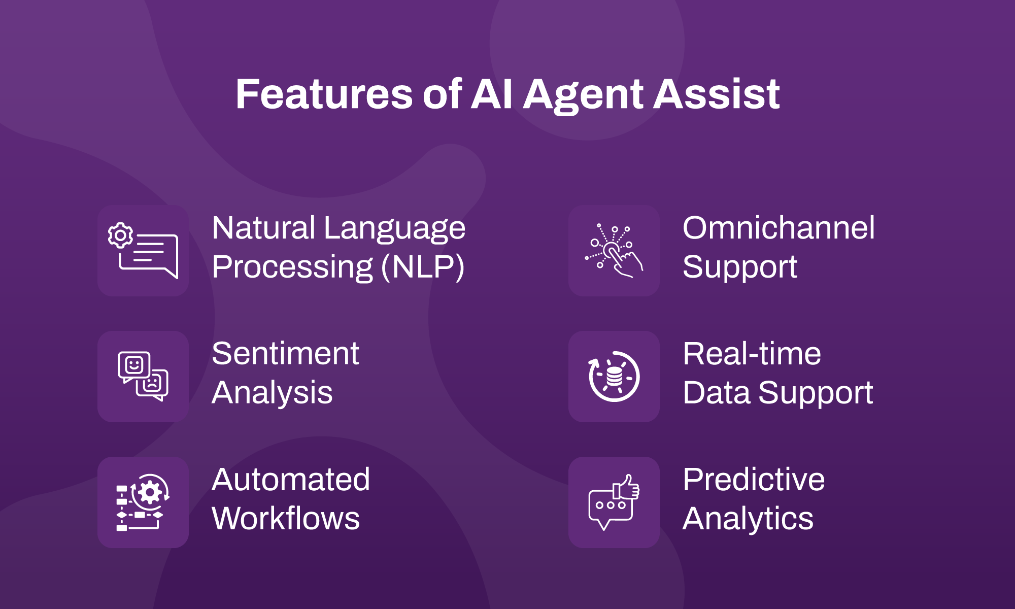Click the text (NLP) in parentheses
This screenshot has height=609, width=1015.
422,267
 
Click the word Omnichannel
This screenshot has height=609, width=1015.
779,228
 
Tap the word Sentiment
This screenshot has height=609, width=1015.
285,354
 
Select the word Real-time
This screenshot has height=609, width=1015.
752,354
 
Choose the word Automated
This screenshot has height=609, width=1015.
291,480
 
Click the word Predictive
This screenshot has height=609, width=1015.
754,480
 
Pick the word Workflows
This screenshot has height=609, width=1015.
286,519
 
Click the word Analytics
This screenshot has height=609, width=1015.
748,519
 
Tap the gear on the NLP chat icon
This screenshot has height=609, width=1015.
120,235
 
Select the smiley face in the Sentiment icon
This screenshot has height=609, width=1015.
134,365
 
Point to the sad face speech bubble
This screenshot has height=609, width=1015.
152,384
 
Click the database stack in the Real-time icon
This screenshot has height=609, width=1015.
614,377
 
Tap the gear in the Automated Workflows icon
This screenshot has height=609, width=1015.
150,492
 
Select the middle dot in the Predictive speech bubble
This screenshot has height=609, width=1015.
611,505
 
